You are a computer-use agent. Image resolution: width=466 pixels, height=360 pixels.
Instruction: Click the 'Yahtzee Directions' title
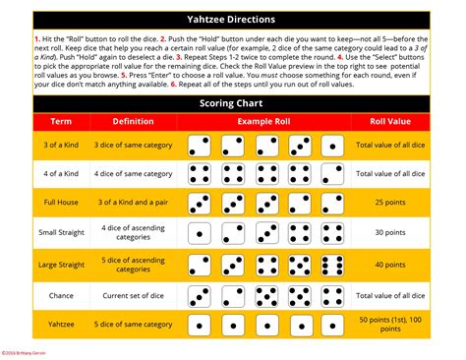click(233, 19)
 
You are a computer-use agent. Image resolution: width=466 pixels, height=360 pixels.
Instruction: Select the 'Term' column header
click(49, 121)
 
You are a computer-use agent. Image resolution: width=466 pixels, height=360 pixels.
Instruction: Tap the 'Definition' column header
click(133, 121)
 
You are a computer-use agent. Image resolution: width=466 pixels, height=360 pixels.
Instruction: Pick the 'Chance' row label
click(49, 295)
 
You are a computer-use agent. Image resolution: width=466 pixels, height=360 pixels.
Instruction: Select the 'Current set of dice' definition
click(133, 295)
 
